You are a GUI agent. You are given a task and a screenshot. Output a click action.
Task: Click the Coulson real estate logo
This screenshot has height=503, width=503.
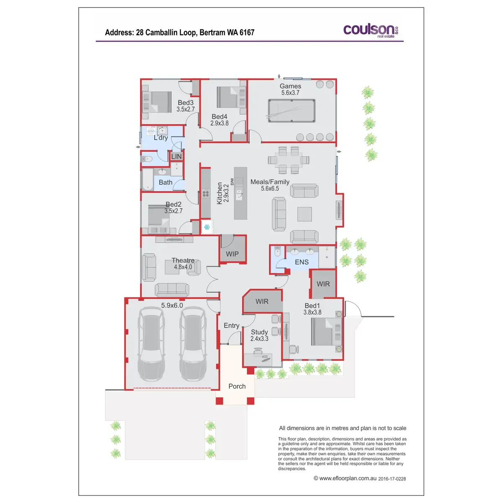(371, 31)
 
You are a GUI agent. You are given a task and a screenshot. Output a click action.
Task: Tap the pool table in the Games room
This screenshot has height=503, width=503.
(292, 111)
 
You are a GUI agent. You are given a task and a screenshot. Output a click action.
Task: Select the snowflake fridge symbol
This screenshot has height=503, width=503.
(207, 227)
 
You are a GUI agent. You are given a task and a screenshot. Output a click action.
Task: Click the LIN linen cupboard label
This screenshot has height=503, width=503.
(176, 156)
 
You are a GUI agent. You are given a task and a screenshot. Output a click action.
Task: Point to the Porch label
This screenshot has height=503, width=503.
(237, 386)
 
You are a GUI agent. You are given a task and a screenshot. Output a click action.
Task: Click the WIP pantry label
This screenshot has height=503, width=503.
(232, 254)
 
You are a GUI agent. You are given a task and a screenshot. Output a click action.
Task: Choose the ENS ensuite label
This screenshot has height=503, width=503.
(301, 262)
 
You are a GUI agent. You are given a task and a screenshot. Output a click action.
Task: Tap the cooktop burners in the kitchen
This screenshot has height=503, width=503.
(206, 194)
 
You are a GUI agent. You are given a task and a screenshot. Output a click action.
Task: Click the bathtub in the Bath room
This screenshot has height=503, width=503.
(148, 179)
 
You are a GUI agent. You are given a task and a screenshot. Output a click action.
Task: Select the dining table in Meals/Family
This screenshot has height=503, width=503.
(288, 160)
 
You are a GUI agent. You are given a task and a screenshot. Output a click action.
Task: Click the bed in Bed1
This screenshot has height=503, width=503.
(326, 332)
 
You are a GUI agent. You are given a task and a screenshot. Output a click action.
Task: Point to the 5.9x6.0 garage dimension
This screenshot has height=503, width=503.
(172, 305)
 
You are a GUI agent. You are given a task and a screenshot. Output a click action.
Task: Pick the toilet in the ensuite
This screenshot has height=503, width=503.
(277, 252)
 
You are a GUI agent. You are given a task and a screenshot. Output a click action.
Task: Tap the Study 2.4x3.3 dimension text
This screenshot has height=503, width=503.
(259, 339)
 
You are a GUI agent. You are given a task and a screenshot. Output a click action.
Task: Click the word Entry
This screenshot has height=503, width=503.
(231, 326)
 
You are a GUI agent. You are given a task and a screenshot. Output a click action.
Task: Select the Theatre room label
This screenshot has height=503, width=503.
(183, 260)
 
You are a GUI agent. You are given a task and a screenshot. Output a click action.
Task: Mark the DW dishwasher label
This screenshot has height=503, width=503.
(232, 181)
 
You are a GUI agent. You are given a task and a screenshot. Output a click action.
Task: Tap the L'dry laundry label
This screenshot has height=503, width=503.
(161, 137)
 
